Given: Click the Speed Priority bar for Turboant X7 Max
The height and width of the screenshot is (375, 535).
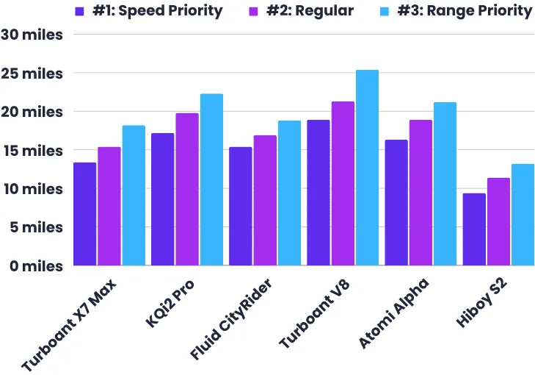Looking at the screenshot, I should coord(84,214).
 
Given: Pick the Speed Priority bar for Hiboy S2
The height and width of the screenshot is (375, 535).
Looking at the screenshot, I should coord(474,229).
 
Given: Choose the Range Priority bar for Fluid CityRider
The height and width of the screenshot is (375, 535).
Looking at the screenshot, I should coord(289,193).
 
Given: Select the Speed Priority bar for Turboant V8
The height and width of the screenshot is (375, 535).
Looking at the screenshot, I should coord(318,193).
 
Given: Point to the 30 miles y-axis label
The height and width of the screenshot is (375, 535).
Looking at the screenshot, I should coord(32,35).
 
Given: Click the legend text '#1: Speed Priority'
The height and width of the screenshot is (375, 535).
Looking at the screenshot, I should coord(158,11).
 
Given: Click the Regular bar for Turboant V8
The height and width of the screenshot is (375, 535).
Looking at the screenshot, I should coord(343,184).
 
